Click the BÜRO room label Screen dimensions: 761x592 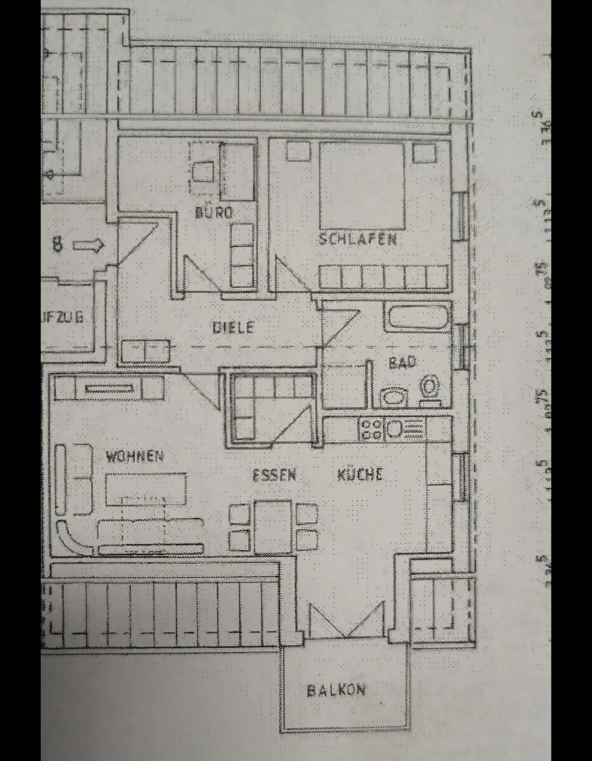pyautogui.click(x=214, y=212)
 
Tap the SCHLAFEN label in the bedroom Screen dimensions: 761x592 pyautogui.click(x=357, y=239)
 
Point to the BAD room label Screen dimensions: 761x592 pyautogui.click(x=402, y=362)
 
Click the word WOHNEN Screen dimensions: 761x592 pyautogui.click(x=134, y=456)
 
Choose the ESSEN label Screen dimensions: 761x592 pyautogui.click(x=274, y=475)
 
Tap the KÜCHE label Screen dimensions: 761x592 pyautogui.click(x=360, y=474)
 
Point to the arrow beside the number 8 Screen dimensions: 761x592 pyautogui.click(x=88, y=245)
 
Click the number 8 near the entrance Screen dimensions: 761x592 pyautogui.click(x=58, y=244)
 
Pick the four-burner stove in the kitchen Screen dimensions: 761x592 pyautogui.click(x=371, y=428)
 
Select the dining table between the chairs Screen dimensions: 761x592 pyautogui.click(x=273, y=526)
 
